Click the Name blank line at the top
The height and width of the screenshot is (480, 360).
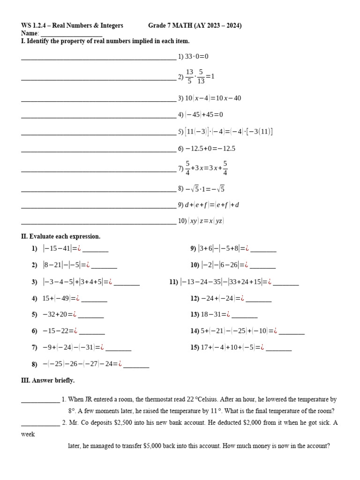coord(71,34)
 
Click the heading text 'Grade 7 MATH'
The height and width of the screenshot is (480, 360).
coord(170,26)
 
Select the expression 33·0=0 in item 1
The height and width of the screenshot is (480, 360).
coord(196,56)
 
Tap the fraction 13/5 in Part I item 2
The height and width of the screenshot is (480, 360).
coord(189,76)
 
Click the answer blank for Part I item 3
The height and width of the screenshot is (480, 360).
coord(98,99)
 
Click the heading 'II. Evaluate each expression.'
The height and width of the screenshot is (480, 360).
coord(61,236)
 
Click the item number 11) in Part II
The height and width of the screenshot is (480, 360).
coord(173,282)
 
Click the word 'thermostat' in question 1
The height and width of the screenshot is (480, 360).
coord(162,400)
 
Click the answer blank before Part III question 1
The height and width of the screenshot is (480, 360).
coord(40,400)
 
